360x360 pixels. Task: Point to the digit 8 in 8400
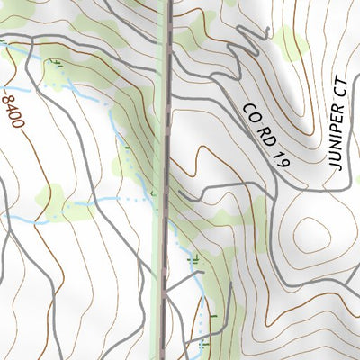point(9,93)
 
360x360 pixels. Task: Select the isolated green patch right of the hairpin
point(290,40)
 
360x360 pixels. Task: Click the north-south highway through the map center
point(166,180)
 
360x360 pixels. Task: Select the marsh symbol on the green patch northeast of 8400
point(59,63)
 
